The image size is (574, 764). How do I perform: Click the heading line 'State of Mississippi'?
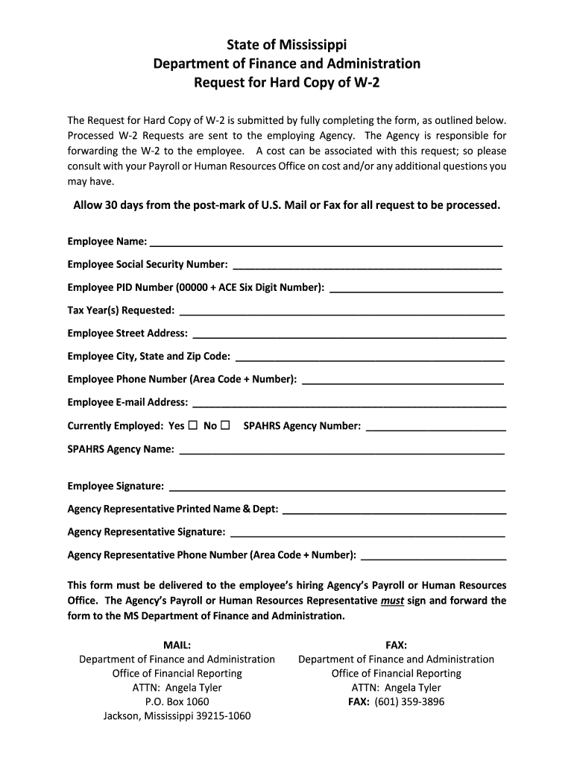click(287, 45)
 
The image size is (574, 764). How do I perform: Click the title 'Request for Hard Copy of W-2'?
click(287, 82)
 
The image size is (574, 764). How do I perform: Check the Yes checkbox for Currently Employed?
click(192, 425)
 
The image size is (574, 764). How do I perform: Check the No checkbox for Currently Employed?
click(225, 425)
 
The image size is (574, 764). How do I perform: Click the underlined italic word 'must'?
click(391, 600)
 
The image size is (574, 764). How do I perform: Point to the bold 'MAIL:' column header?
click(177, 645)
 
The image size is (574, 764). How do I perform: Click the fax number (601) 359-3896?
click(409, 701)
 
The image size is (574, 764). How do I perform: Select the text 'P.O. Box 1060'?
click(177, 701)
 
